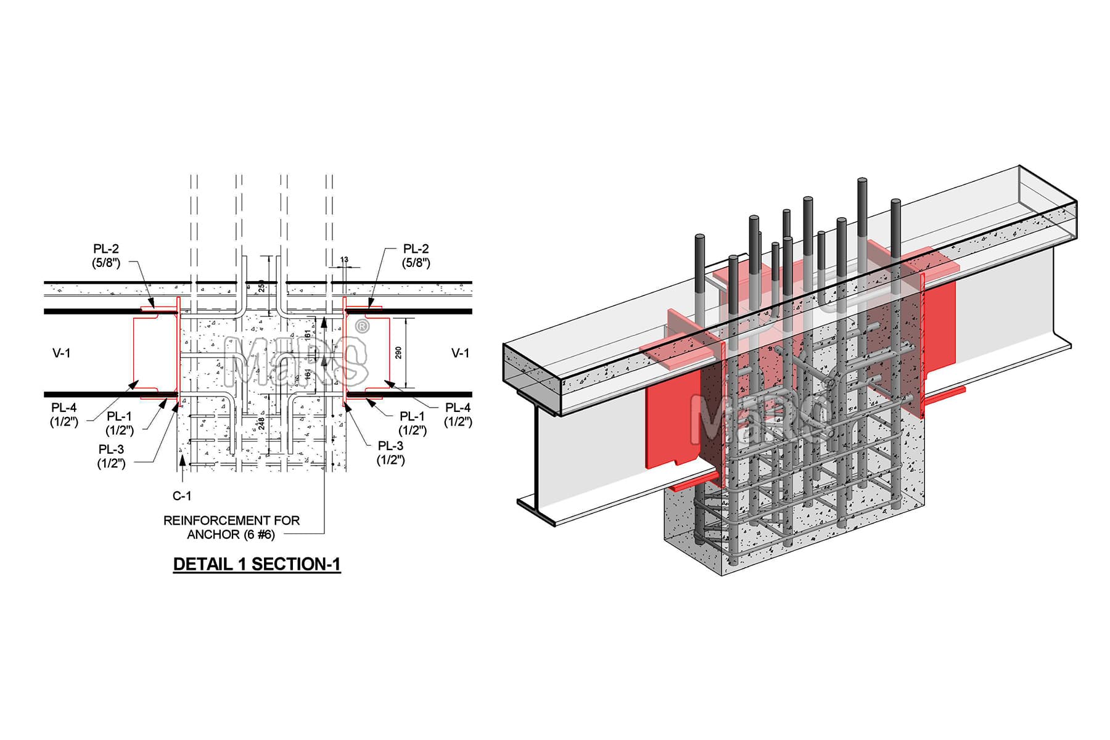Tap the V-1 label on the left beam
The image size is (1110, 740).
point(62,353)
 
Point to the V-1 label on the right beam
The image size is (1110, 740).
point(460,353)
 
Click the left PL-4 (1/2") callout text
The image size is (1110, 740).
point(64,415)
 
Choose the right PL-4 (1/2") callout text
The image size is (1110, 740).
point(458,415)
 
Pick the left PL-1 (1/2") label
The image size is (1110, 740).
point(119,424)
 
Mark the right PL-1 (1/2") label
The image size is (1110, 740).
point(413,424)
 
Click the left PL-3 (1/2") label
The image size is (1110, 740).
point(111,457)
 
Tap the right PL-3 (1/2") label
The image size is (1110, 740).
point(390,453)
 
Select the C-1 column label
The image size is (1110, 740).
point(182,496)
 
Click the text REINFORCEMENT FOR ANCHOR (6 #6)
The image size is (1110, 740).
point(231,527)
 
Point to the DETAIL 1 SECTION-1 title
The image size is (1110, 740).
point(257,564)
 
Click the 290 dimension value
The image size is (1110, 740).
point(398,353)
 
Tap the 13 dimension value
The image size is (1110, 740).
point(344,260)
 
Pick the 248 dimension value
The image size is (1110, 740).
point(261,424)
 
